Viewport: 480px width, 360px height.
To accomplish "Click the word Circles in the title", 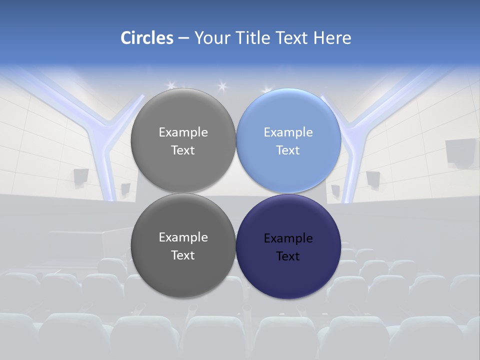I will pyautogui.click(x=147, y=38).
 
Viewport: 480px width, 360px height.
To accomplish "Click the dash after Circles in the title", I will pyautogui.click(x=183, y=38).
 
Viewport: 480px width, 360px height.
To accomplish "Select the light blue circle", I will pyautogui.click(x=288, y=141).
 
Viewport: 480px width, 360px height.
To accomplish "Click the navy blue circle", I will pyautogui.click(x=288, y=246).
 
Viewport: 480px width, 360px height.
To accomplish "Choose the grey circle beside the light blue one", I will pyautogui.click(x=183, y=141).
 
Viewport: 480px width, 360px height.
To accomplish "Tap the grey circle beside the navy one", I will pyautogui.click(x=183, y=246).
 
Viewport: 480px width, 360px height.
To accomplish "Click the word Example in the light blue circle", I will pyautogui.click(x=288, y=132).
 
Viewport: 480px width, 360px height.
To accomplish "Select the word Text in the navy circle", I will pyautogui.click(x=288, y=256).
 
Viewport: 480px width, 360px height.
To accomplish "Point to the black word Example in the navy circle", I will pyautogui.click(x=288, y=238).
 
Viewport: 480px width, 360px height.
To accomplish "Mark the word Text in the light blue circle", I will pyautogui.click(x=288, y=150).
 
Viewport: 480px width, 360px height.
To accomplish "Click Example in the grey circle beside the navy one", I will pyautogui.click(x=183, y=237).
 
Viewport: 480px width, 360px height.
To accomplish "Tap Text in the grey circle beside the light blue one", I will pyautogui.click(x=183, y=150).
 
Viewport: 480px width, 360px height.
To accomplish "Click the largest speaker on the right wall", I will pyautogui.click(x=460, y=151).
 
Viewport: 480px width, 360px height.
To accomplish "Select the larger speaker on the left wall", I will pyautogui.click(x=81, y=176).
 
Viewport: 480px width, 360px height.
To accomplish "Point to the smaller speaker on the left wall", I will pyautogui.click(x=125, y=188).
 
